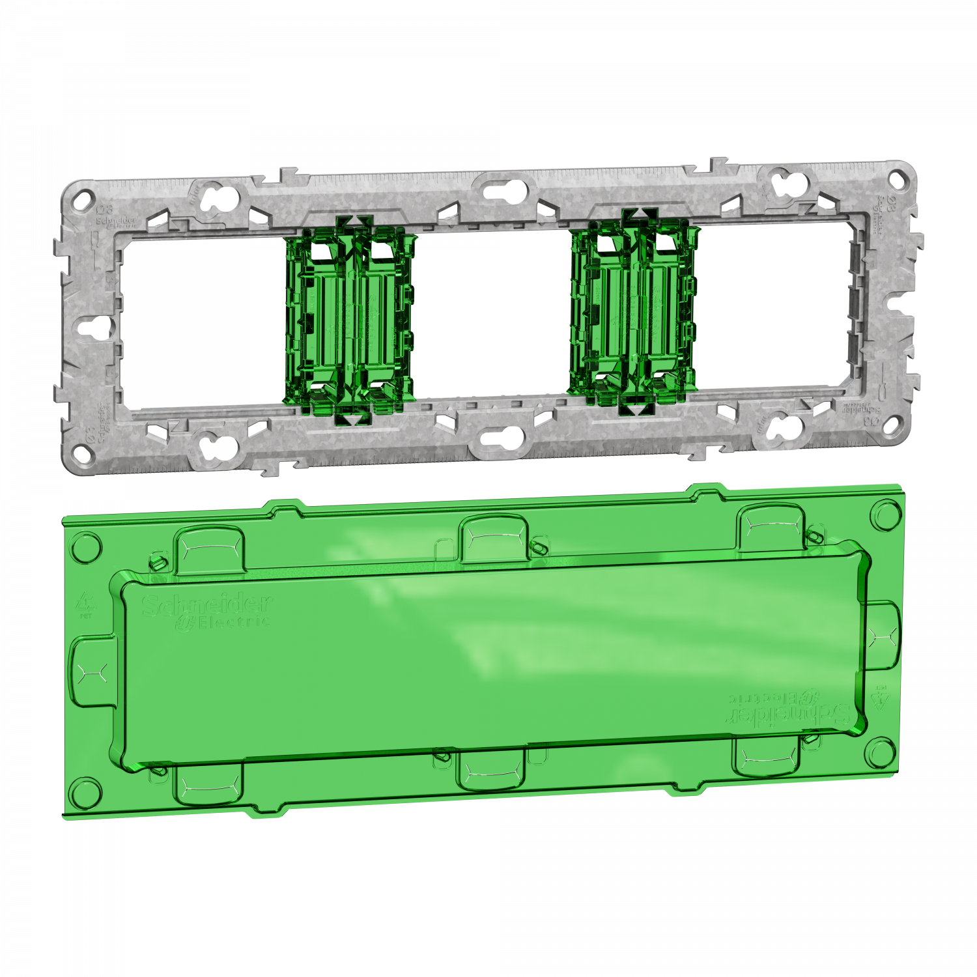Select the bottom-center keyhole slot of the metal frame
503,436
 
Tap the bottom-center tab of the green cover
490,769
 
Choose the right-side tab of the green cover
882,636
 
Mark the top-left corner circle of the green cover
86,547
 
